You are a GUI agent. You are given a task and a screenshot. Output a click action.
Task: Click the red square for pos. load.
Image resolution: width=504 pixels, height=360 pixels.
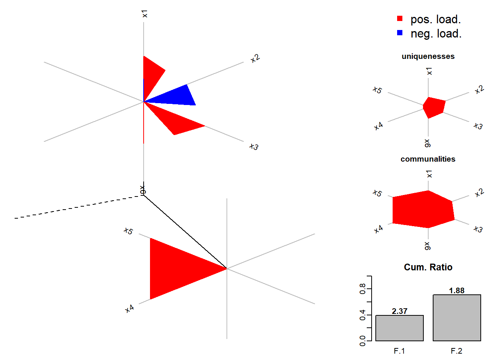(x=400, y=18)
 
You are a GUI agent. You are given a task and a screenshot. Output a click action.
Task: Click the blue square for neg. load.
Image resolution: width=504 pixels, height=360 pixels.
(x=400, y=33)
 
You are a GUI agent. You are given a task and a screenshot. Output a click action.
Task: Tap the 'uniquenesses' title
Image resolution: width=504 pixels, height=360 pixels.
(x=428, y=56)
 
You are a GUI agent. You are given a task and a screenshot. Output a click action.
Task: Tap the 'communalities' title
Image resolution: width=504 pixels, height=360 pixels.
(x=428, y=159)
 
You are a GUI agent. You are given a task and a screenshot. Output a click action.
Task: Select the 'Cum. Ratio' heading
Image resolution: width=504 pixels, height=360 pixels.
(x=428, y=267)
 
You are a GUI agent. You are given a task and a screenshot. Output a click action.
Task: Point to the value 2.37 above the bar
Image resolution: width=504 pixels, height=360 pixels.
(x=399, y=311)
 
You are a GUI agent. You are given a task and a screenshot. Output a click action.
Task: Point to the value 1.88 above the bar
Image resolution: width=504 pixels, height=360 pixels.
(x=457, y=291)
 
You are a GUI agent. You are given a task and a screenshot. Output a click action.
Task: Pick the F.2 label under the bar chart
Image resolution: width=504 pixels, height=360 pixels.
(x=456, y=351)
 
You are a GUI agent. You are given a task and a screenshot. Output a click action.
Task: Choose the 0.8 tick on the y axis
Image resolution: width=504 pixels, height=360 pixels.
(x=363, y=289)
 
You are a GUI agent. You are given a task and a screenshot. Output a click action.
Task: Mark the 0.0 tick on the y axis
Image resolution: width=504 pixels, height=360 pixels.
(x=363, y=340)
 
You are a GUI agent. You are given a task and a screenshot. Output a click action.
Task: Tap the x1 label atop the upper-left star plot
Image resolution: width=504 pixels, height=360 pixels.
(x=145, y=14)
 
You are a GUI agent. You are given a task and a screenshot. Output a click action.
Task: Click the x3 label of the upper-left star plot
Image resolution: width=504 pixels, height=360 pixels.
(x=254, y=147)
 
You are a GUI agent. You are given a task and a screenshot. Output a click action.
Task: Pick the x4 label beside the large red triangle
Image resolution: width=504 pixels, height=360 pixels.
(x=129, y=309)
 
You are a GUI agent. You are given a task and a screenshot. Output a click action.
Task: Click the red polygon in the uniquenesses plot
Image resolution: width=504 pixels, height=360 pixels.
(x=434, y=107)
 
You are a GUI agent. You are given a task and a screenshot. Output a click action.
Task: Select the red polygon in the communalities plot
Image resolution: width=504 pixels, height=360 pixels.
(x=422, y=209)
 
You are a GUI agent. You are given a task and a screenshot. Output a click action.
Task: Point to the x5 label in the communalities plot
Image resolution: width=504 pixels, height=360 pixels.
(x=377, y=193)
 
